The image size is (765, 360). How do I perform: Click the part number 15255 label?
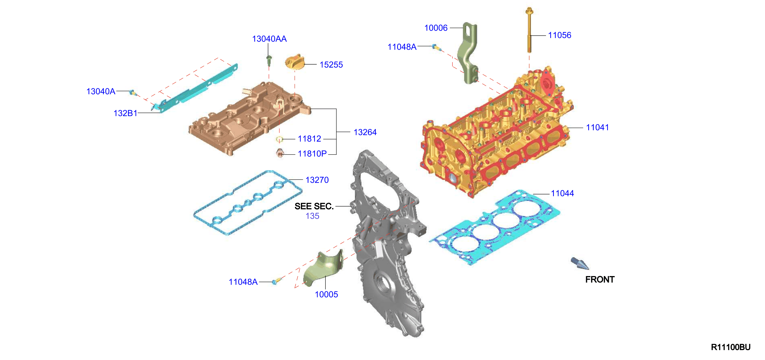pyautogui.click(x=331, y=65)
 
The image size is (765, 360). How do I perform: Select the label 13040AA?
pyautogui.click(x=269, y=39)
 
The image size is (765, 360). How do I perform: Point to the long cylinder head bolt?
pyautogui.click(x=529, y=30)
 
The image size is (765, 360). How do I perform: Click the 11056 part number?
pyautogui.click(x=559, y=35)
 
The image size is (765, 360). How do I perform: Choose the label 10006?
pyautogui.click(x=436, y=28)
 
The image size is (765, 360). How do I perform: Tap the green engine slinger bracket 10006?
pyautogui.click(x=468, y=53)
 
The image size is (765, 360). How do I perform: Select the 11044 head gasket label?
pyautogui.click(x=563, y=193)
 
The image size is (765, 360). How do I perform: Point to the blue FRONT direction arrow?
pyautogui.click(x=580, y=263)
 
